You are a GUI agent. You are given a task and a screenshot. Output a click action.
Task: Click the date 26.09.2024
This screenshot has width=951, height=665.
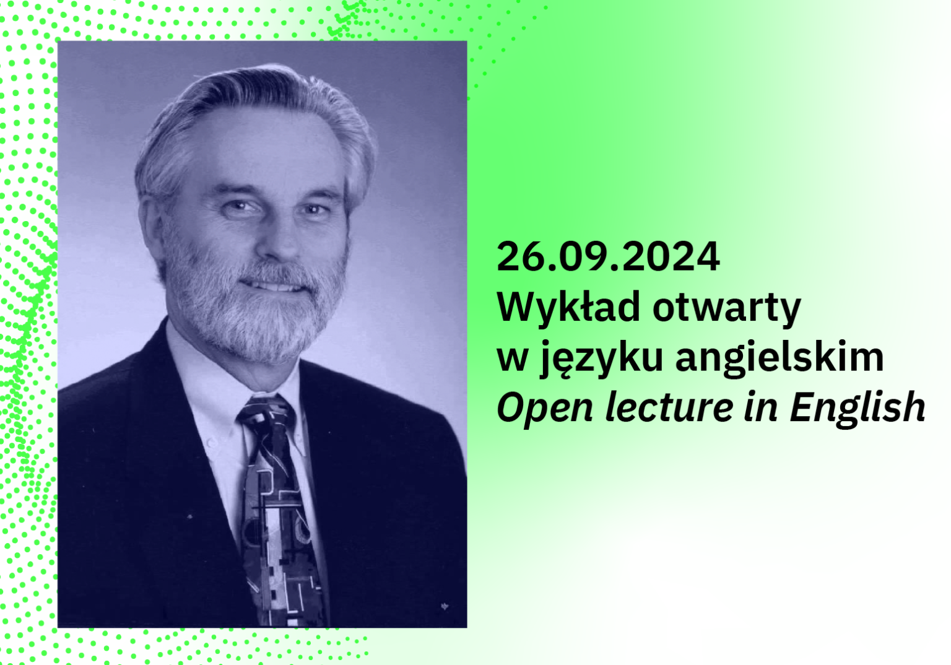point(608,256)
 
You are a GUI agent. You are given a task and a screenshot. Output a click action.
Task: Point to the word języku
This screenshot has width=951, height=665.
point(601,359)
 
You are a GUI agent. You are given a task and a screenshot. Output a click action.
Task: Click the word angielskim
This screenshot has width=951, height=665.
point(779,359)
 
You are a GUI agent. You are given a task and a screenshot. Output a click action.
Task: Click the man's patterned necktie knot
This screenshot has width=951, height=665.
point(266,411)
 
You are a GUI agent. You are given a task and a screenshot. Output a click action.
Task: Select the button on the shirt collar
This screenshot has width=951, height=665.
point(210,442)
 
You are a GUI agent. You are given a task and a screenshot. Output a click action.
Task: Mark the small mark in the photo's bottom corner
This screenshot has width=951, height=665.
point(445,606)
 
